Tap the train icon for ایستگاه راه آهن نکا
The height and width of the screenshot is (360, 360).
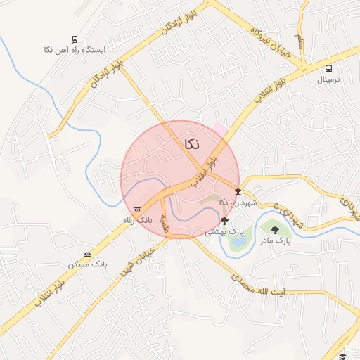[75, 39]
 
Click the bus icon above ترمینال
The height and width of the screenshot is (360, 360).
[328, 68]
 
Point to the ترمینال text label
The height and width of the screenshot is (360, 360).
[328, 79]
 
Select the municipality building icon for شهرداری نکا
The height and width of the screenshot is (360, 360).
[238, 192]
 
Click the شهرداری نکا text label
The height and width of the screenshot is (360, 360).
[238, 202]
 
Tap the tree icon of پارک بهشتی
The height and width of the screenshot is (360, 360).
[225, 220]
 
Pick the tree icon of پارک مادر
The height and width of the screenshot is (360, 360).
[274, 229]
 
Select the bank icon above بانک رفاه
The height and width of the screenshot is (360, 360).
[136, 210]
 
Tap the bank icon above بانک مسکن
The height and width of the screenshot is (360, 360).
[87, 253]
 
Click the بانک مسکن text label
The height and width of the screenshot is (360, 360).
[86, 264]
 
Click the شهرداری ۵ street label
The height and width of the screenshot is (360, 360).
[288, 214]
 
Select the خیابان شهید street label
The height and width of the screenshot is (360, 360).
[138, 260]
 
